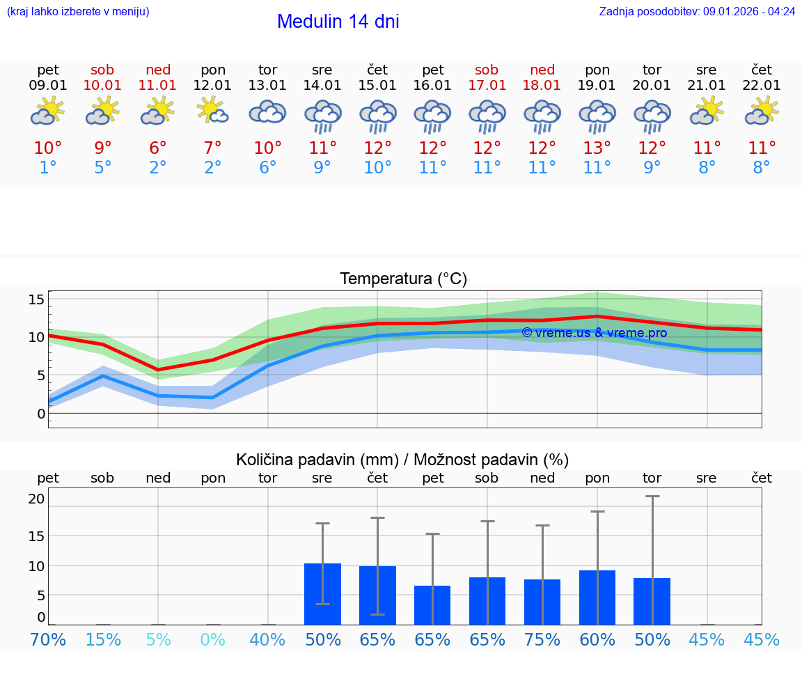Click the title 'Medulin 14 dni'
pos(338,22)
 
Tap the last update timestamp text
pos(697,12)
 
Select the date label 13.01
pos(267,86)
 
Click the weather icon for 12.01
pos(212,111)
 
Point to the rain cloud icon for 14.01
pos(322,116)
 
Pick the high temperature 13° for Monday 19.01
pos(597,148)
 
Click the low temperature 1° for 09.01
pos(48,168)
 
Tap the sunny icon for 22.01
pos(761,111)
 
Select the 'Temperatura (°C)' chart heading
pos(403,279)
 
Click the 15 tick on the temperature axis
pos(36,299)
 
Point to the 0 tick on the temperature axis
pos(40,414)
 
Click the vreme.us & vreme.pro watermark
pos(594,333)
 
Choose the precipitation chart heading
pos(402,460)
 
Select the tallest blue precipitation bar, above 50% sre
pos(322,594)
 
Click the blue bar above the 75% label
pos(542,602)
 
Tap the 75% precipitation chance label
pos(542,640)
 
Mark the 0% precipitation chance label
pos(212,640)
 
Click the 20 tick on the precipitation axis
pos(36,499)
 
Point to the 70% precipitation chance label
pos(48,640)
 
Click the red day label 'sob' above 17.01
pos(487,70)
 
